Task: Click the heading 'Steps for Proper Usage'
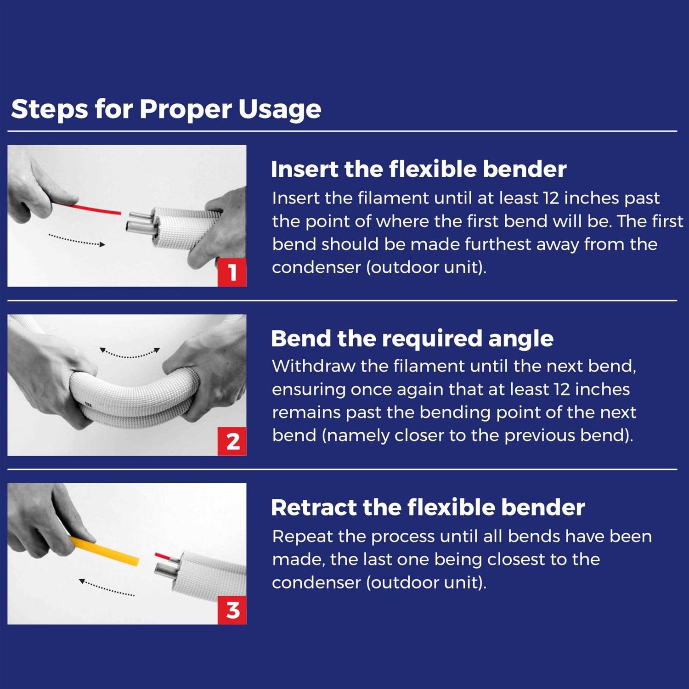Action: click(166, 109)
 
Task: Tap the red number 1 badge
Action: click(232, 272)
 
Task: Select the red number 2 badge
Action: click(232, 441)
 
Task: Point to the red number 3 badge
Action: click(232, 610)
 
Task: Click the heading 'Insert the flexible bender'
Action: click(418, 169)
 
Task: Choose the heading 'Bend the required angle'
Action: click(412, 339)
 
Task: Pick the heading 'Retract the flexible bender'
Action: click(428, 508)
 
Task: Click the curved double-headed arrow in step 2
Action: click(130, 353)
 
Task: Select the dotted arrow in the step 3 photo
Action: click(107, 588)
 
